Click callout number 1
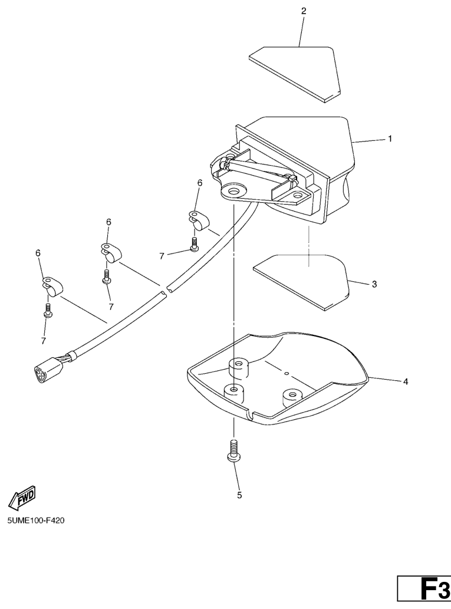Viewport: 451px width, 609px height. pyautogui.click(x=390, y=139)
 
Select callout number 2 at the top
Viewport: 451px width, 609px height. pyautogui.click(x=304, y=11)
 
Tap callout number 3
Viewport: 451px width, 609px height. pyautogui.click(x=374, y=284)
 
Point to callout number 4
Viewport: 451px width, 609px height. pyautogui.click(x=406, y=382)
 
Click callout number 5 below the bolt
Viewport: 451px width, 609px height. pyautogui.click(x=239, y=495)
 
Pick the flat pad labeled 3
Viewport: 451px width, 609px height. pyautogui.click(x=301, y=282)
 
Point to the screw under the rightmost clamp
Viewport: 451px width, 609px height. pyautogui.click(x=194, y=243)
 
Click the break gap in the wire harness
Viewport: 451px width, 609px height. pyautogui.click(x=164, y=289)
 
